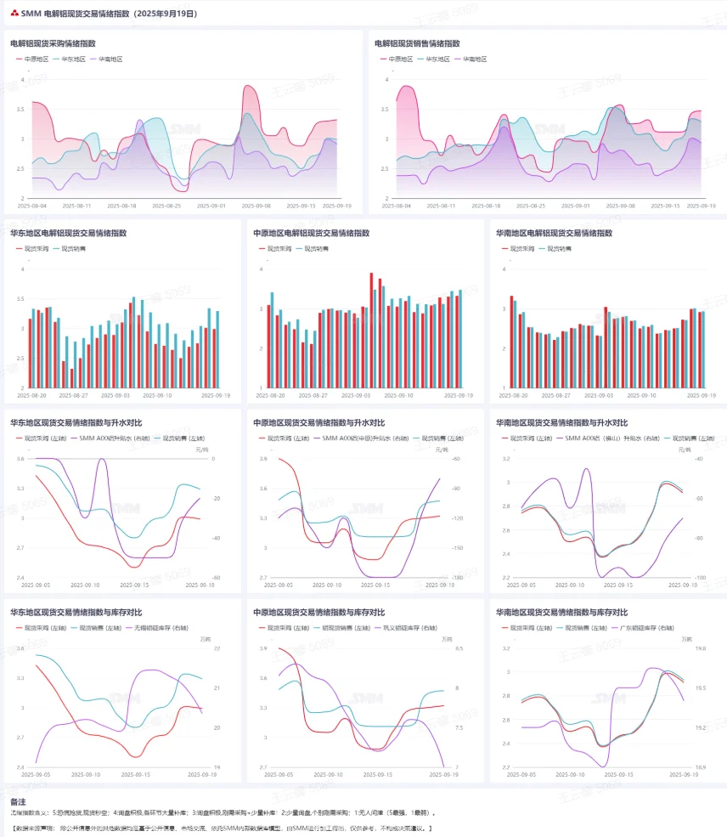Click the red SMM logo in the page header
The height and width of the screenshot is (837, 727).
(x=14, y=14)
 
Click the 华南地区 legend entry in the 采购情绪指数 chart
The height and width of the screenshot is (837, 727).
(x=110, y=59)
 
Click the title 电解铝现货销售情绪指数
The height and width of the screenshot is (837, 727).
(x=417, y=42)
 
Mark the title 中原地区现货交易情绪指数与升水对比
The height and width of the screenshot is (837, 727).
(x=318, y=422)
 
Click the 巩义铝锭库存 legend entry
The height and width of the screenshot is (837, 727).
(x=398, y=628)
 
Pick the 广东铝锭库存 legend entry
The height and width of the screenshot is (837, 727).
(x=641, y=628)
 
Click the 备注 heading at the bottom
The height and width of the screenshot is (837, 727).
(x=17, y=801)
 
